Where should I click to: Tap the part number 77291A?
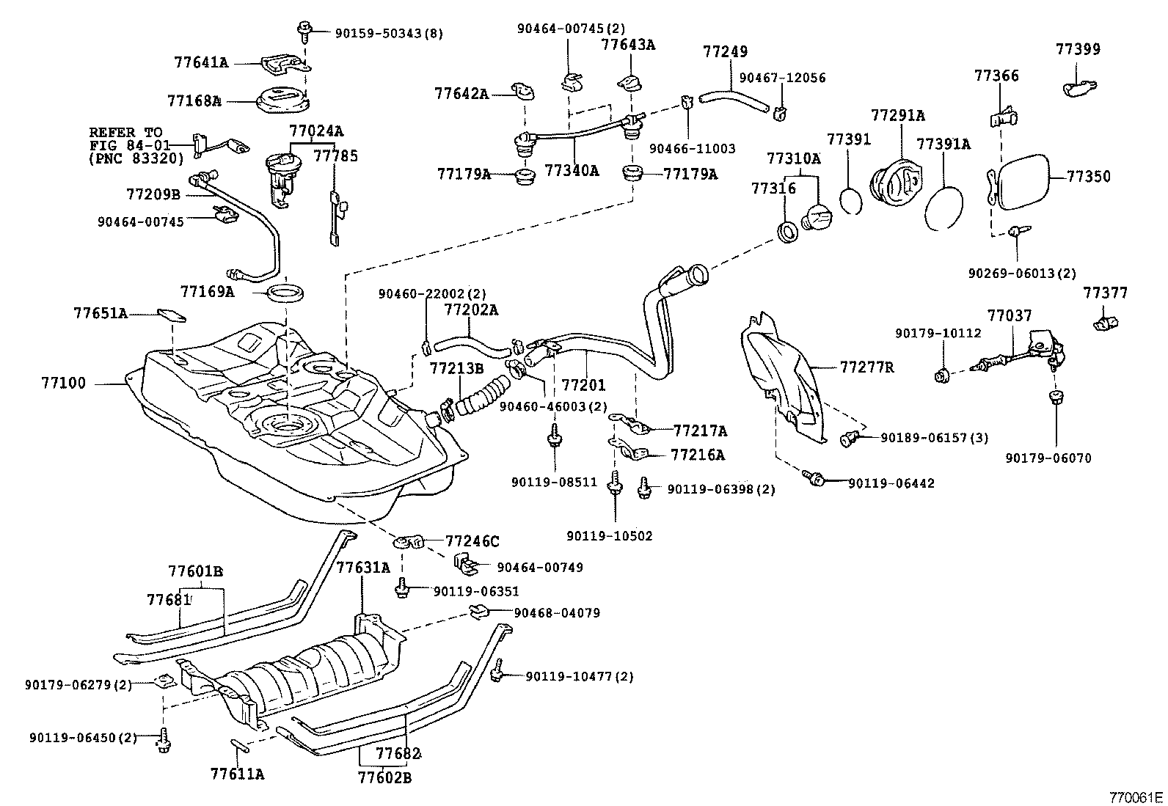[x=897, y=116]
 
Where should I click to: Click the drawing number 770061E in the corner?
[x=1136, y=797]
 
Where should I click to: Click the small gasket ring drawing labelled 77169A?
[x=284, y=293]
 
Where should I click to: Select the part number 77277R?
[x=866, y=367]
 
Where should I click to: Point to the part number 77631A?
[x=362, y=567]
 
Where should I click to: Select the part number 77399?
[x=1078, y=50]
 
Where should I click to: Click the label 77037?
[x=1009, y=316]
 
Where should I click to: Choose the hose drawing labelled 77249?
[x=734, y=97]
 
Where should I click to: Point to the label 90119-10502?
[x=609, y=536]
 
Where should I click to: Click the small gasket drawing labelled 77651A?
[x=170, y=315]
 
